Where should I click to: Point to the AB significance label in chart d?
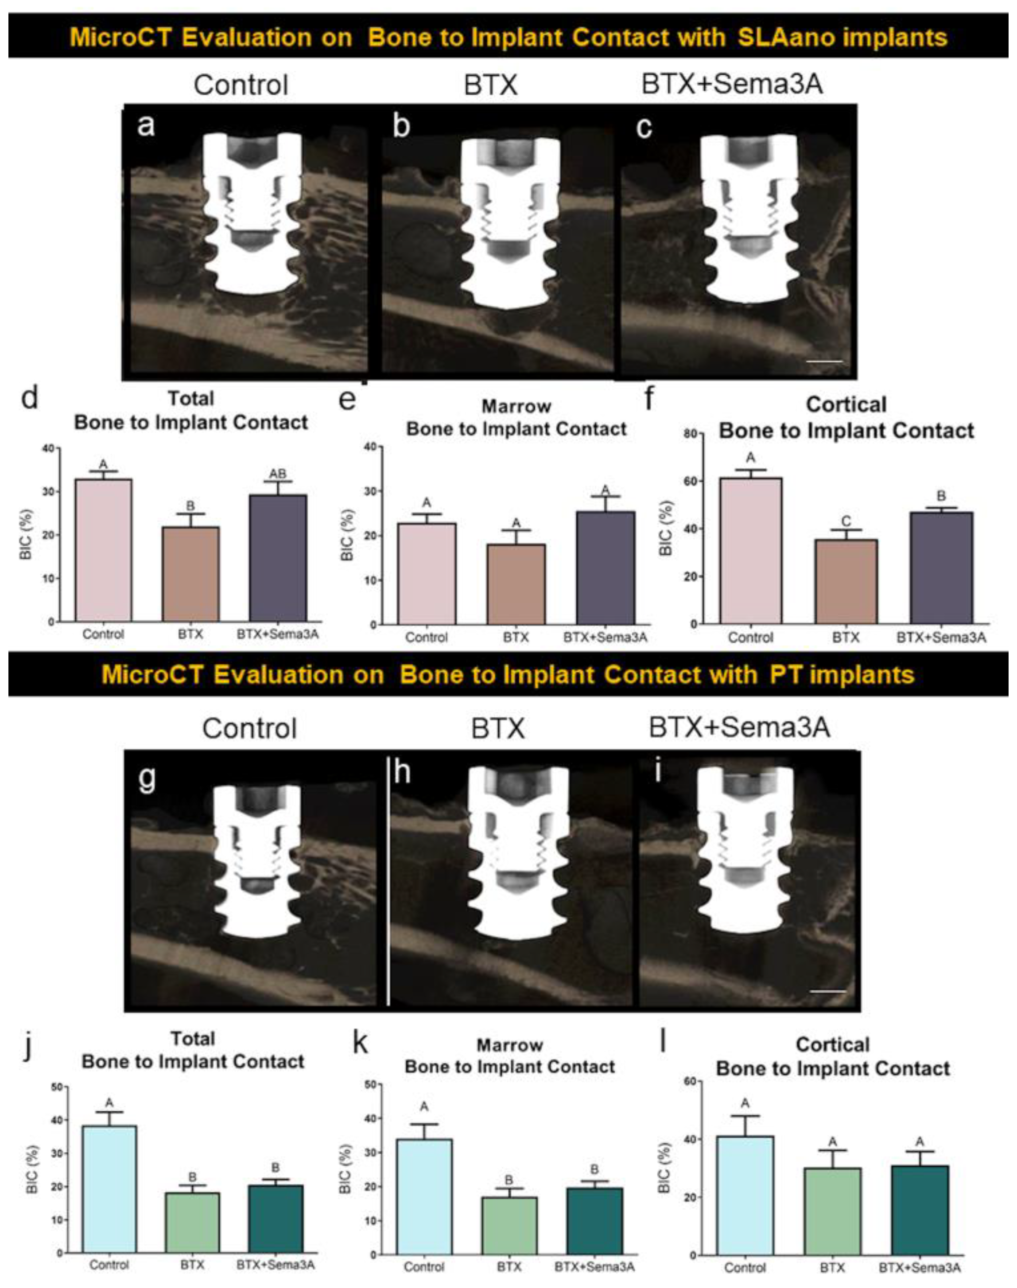click(x=277, y=473)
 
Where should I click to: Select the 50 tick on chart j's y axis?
click(x=57, y=1087)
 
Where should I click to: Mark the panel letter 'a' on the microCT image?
click(x=146, y=126)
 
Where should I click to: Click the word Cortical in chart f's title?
click(x=846, y=405)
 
